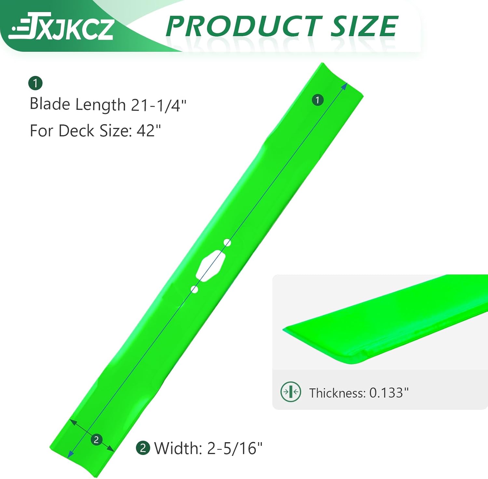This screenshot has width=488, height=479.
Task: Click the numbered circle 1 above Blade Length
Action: [35, 83]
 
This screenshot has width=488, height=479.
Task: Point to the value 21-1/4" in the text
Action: [158, 105]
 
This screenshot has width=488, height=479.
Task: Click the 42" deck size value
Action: [149, 131]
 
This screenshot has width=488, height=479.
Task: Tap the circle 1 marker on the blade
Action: [318, 100]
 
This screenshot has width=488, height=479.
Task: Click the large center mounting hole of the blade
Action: [211, 265]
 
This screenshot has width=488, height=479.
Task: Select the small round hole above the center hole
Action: [227, 242]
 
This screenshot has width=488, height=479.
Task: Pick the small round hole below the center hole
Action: [194, 289]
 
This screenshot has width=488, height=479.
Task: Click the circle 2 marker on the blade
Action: [96, 440]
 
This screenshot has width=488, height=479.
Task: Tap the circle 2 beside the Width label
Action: [143, 448]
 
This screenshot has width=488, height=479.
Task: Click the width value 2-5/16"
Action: [235, 448]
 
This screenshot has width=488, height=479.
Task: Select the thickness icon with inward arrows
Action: [291, 392]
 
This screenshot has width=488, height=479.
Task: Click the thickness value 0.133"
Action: [389, 393]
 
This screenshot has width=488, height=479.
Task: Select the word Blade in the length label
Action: [50, 104]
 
